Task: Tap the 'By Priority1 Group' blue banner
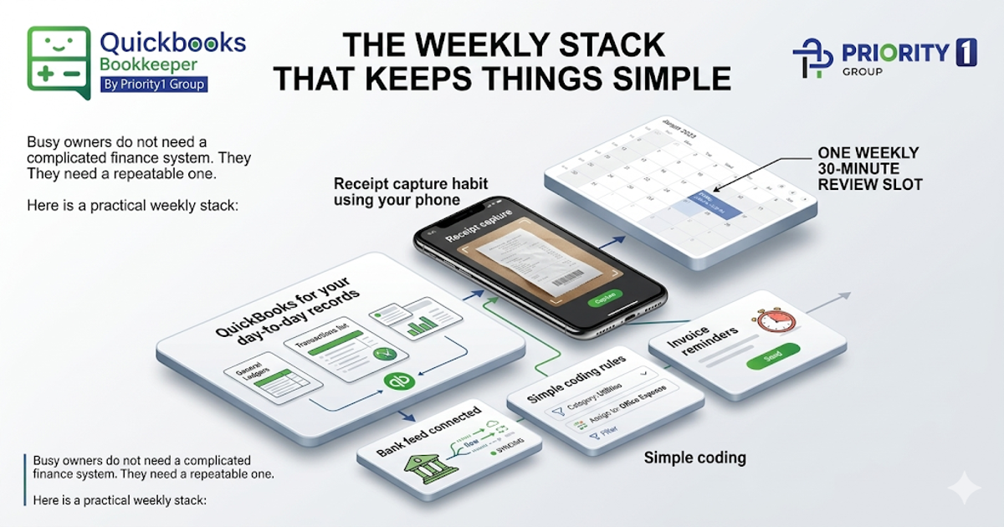tap(152, 84)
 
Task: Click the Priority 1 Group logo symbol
tap(812, 59)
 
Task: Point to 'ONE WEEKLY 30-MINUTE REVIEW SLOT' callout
tap(869, 168)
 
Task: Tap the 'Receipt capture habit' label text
tap(410, 192)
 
